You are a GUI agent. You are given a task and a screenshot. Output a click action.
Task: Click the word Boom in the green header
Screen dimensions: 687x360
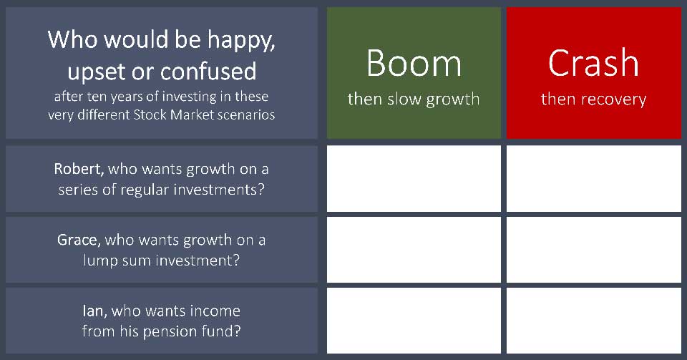(x=414, y=63)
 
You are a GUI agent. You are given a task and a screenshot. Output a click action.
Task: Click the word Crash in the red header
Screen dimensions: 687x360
(x=594, y=63)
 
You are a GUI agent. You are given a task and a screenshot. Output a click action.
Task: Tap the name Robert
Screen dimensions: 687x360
(x=79, y=169)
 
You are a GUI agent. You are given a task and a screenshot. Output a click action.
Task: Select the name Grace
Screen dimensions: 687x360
(x=77, y=240)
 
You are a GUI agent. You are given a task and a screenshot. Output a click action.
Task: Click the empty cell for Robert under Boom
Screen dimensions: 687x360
(x=414, y=179)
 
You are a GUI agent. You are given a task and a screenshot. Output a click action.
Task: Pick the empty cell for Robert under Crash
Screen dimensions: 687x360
(x=594, y=179)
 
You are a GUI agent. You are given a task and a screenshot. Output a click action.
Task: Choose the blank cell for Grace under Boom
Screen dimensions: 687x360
(x=414, y=250)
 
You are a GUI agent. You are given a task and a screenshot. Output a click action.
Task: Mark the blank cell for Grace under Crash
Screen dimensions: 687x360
(x=594, y=250)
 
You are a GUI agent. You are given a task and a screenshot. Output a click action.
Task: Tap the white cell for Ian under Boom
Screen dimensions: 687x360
(x=414, y=321)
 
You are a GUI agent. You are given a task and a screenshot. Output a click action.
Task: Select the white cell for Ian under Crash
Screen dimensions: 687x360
(x=594, y=321)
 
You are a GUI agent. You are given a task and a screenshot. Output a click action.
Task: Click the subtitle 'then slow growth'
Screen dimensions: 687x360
(x=414, y=99)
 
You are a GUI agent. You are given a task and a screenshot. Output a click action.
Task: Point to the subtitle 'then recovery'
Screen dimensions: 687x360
(x=594, y=99)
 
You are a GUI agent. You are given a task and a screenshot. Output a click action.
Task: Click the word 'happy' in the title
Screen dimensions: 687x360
(x=241, y=41)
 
